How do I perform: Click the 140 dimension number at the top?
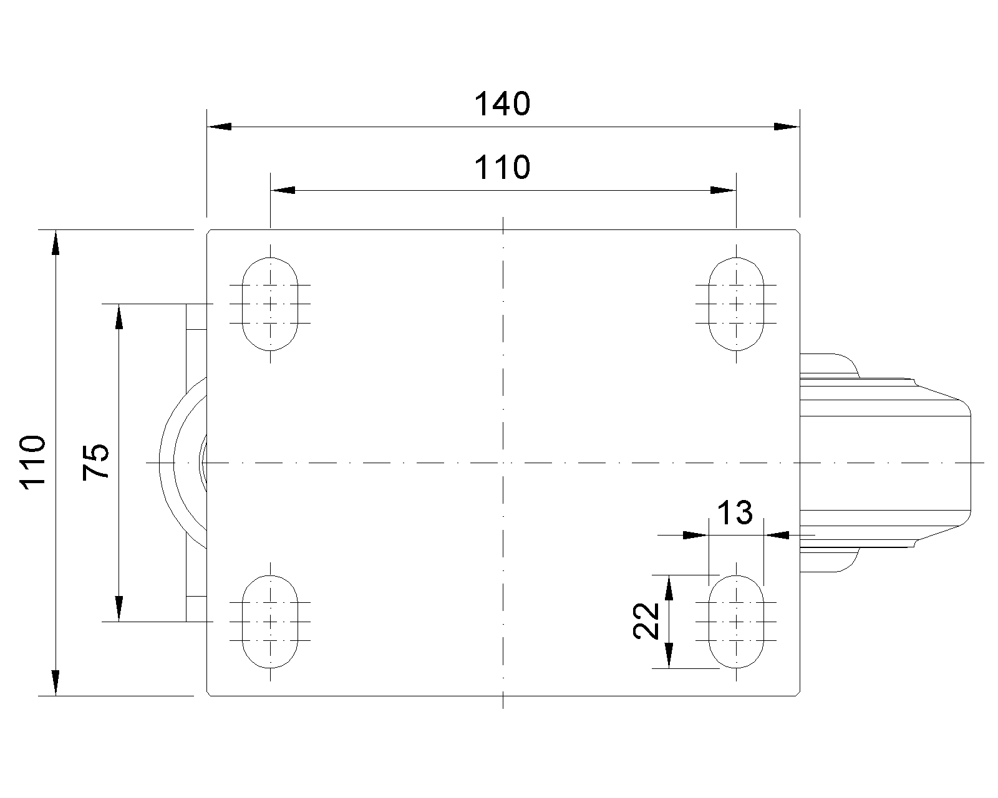point(502,104)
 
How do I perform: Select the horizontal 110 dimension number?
point(502,167)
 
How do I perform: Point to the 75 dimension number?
point(97,462)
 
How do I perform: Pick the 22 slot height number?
point(647,621)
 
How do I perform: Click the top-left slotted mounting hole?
point(270,304)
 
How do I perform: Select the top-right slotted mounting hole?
point(737,304)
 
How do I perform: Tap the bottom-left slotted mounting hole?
point(270,622)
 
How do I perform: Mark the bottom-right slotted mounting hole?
point(737,622)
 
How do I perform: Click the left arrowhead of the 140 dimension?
point(219,127)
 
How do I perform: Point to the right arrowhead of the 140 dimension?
point(787,127)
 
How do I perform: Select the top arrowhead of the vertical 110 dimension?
point(56,243)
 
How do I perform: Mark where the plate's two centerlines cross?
point(503,463)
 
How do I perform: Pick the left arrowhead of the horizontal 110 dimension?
point(283,190)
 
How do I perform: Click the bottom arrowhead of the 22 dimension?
point(669,656)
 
